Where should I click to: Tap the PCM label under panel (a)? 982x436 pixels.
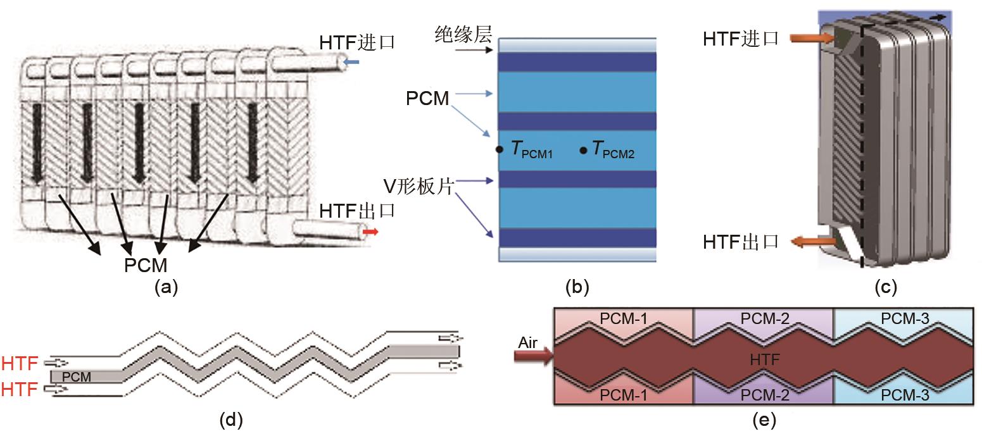[x=145, y=265]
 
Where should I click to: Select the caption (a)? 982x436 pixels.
[x=166, y=288]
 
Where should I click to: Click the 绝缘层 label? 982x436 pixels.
[x=463, y=34]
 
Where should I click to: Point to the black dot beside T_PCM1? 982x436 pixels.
[x=500, y=150]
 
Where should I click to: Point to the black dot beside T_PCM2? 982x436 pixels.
[x=583, y=150]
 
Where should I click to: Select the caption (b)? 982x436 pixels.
[x=577, y=288]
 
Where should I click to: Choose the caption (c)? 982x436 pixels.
[x=886, y=288]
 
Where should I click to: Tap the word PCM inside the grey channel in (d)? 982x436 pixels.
[x=77, y=377]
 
